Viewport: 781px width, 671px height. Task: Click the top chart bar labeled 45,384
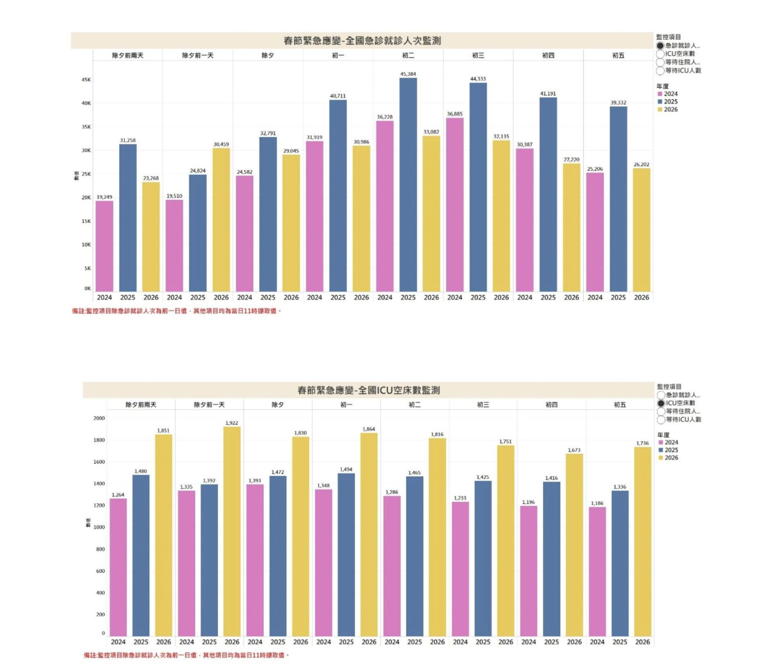point(408,185)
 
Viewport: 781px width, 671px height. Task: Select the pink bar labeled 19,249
point(104,246)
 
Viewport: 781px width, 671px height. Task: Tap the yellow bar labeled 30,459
point(221,220)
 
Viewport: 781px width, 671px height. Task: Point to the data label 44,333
point(478,79)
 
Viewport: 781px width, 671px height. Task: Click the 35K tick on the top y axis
point(86,127)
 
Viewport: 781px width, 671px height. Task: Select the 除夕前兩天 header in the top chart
point(128,56)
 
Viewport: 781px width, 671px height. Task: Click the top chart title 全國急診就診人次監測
point(362,41)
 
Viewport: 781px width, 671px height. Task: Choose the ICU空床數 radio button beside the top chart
point(660,54)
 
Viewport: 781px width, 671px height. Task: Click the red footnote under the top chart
point(177,311)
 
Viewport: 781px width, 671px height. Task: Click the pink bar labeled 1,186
point(597,571)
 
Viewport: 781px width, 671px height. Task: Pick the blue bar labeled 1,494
point(346,554)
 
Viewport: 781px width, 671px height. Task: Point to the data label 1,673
point(574,450)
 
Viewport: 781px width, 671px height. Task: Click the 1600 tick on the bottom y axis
point(99,462)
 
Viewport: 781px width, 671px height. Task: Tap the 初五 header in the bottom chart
point(619,405)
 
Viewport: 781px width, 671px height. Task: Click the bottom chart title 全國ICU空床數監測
point(369,390)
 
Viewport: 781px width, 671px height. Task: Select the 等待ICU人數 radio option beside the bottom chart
point(661,420)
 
